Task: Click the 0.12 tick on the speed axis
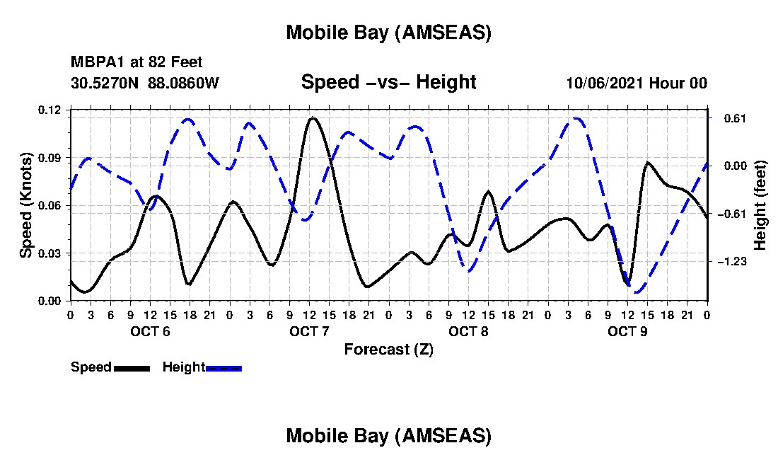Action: click(x=50, y=110)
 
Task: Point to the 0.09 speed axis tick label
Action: click(x=50, y=158)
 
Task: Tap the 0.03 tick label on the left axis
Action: click(x=50, y=253)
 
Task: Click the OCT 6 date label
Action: click(x=149, y=331)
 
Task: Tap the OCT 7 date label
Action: click(x=308, y=331)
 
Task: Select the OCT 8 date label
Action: click(x=468, y=331)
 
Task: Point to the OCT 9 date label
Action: click(x=627, y=331)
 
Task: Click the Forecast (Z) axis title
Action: click(x=388, y=350)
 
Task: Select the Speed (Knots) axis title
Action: click(x=26, y=205)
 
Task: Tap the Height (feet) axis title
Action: click(x=760, y=205)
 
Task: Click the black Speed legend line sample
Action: click(x=131, y=368)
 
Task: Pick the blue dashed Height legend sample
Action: click(x=223, y=368)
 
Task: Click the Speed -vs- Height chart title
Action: click(x=388, y=82)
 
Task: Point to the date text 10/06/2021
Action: click(x=604, y=84)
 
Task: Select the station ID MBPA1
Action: click(x=93, y=63)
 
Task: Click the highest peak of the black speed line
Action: click(x=313, y=117)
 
